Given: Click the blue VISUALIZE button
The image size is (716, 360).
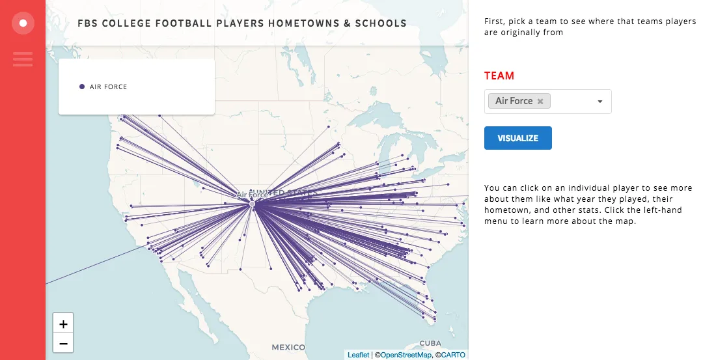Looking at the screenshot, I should (517, 138).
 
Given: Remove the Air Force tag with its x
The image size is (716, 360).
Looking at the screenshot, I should (540, 101).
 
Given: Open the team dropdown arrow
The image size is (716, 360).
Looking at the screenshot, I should (599, 102).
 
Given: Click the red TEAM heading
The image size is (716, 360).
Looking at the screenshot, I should (499, 76).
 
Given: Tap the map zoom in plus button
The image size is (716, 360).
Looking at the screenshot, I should (63, 324).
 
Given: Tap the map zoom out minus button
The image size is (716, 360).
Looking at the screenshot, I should (63, 343).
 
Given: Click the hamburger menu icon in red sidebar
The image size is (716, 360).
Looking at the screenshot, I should (23, 59).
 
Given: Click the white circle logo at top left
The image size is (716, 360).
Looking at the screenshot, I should (23, 23).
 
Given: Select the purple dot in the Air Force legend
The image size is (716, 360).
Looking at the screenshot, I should (81, 87).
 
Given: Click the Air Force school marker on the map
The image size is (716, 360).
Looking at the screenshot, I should (253, 204).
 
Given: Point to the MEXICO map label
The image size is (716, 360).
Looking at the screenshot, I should (288, 346).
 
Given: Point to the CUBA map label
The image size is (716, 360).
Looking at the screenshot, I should (430, 343).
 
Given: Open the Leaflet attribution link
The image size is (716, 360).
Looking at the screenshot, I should (358, 355).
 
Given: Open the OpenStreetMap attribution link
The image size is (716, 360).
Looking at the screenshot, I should (406, 355).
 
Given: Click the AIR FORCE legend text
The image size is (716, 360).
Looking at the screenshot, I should (109, 87).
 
